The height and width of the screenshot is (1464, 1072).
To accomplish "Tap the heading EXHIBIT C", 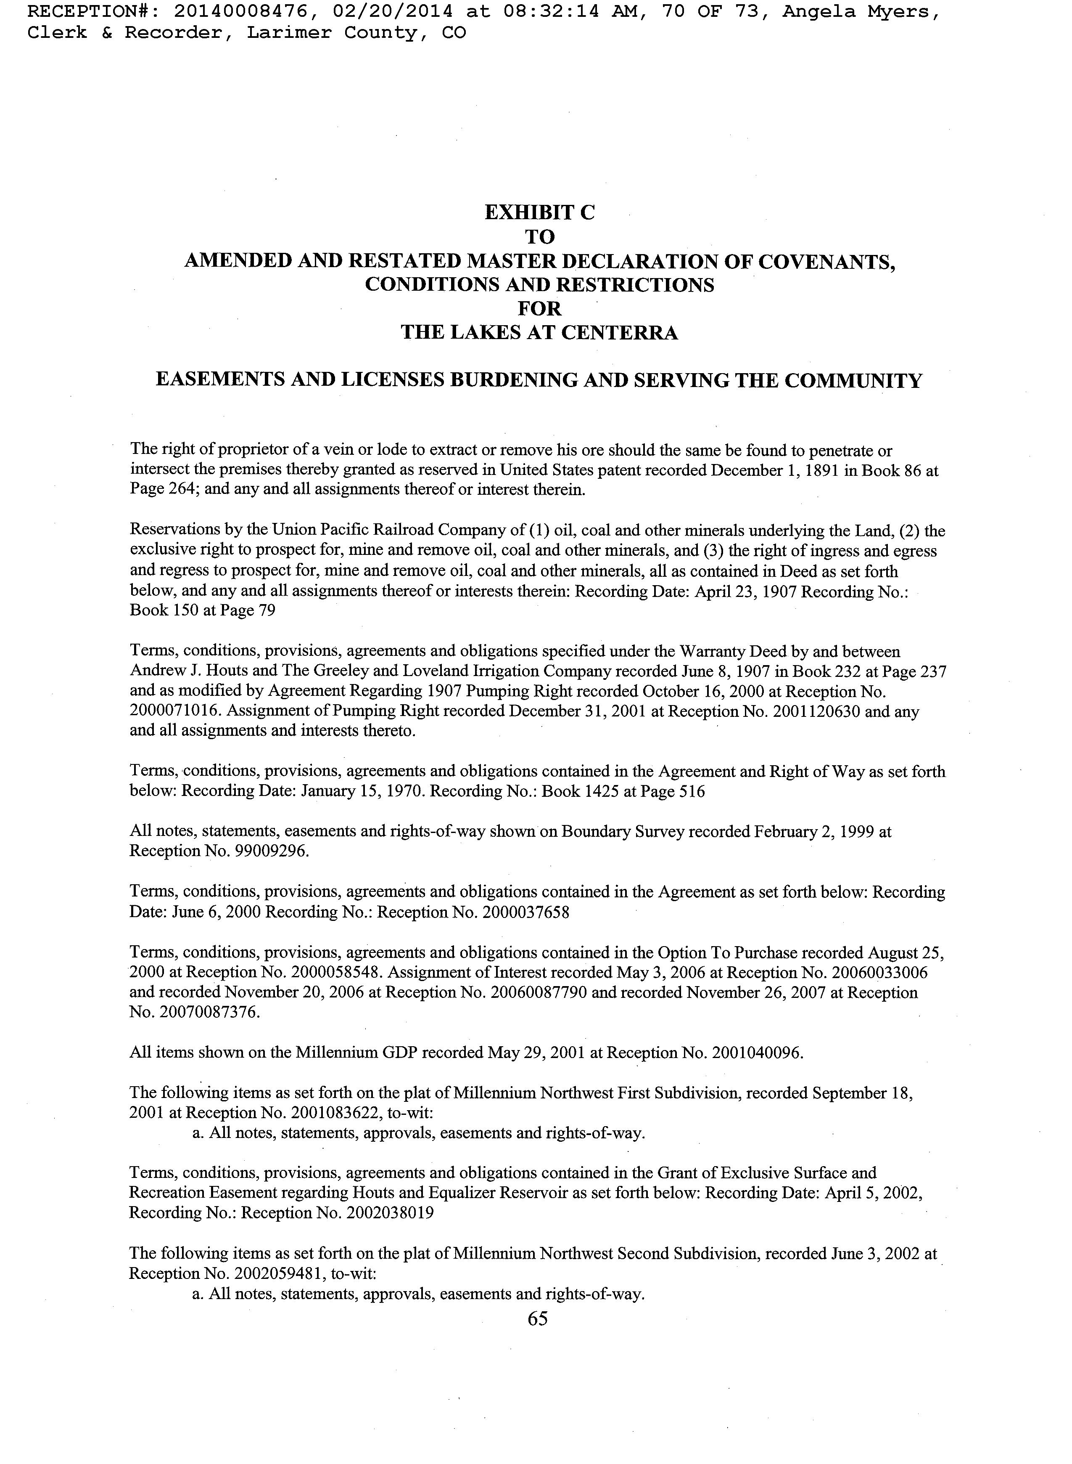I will (x=539, y=212).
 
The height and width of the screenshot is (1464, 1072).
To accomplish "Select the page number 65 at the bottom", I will (x=538, y=1318).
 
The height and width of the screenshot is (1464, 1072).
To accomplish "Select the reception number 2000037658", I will (x=525, y=912).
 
